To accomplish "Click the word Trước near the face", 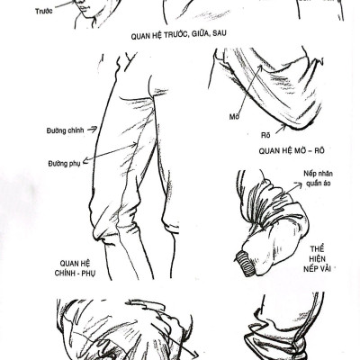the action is pos(44,12).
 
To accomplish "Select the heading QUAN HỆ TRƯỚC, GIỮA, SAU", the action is pos(178,35).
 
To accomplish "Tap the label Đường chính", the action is pos(65,130).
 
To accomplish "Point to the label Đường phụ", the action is pos(64,164).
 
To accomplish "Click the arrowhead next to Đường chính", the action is pos(94,129).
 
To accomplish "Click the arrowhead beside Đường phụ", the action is pos(85,160).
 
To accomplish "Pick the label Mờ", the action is pos(234,116).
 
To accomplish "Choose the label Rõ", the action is pos(265,135).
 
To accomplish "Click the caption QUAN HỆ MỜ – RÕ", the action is pos(292,150).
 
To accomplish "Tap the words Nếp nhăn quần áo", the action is pos(319,178).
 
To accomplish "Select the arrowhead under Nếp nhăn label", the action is pos(299,184).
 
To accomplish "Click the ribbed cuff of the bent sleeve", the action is pos(247,263).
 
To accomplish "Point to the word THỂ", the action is pos(317,249).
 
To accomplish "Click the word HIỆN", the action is pos(317,259).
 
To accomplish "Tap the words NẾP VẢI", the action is pos(317,268).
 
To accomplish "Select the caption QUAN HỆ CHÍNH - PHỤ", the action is pos(75,268).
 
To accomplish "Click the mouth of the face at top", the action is pos(82,6).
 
